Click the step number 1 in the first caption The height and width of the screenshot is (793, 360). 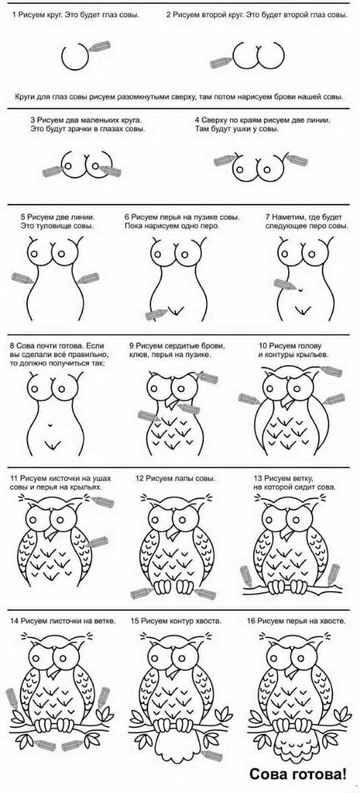[13, 15]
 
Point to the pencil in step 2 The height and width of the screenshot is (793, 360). [221, 62]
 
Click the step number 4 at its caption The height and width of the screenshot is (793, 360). [197, 120]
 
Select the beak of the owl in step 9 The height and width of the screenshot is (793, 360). [173, 404]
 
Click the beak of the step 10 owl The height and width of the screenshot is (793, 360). [287, 402]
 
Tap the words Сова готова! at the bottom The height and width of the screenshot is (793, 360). [298, 773]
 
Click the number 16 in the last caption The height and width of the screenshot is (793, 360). [251, 621]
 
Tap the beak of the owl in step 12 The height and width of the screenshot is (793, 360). [174, 533]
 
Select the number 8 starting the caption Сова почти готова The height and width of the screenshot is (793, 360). [12, 346]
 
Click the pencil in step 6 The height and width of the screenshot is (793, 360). [155, 314]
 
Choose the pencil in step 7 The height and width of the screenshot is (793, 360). [285, 284]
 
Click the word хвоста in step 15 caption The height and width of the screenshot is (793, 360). [210, 621]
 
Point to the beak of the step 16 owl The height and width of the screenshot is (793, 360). [292, 673]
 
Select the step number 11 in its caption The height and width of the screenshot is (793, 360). [14, 478]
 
